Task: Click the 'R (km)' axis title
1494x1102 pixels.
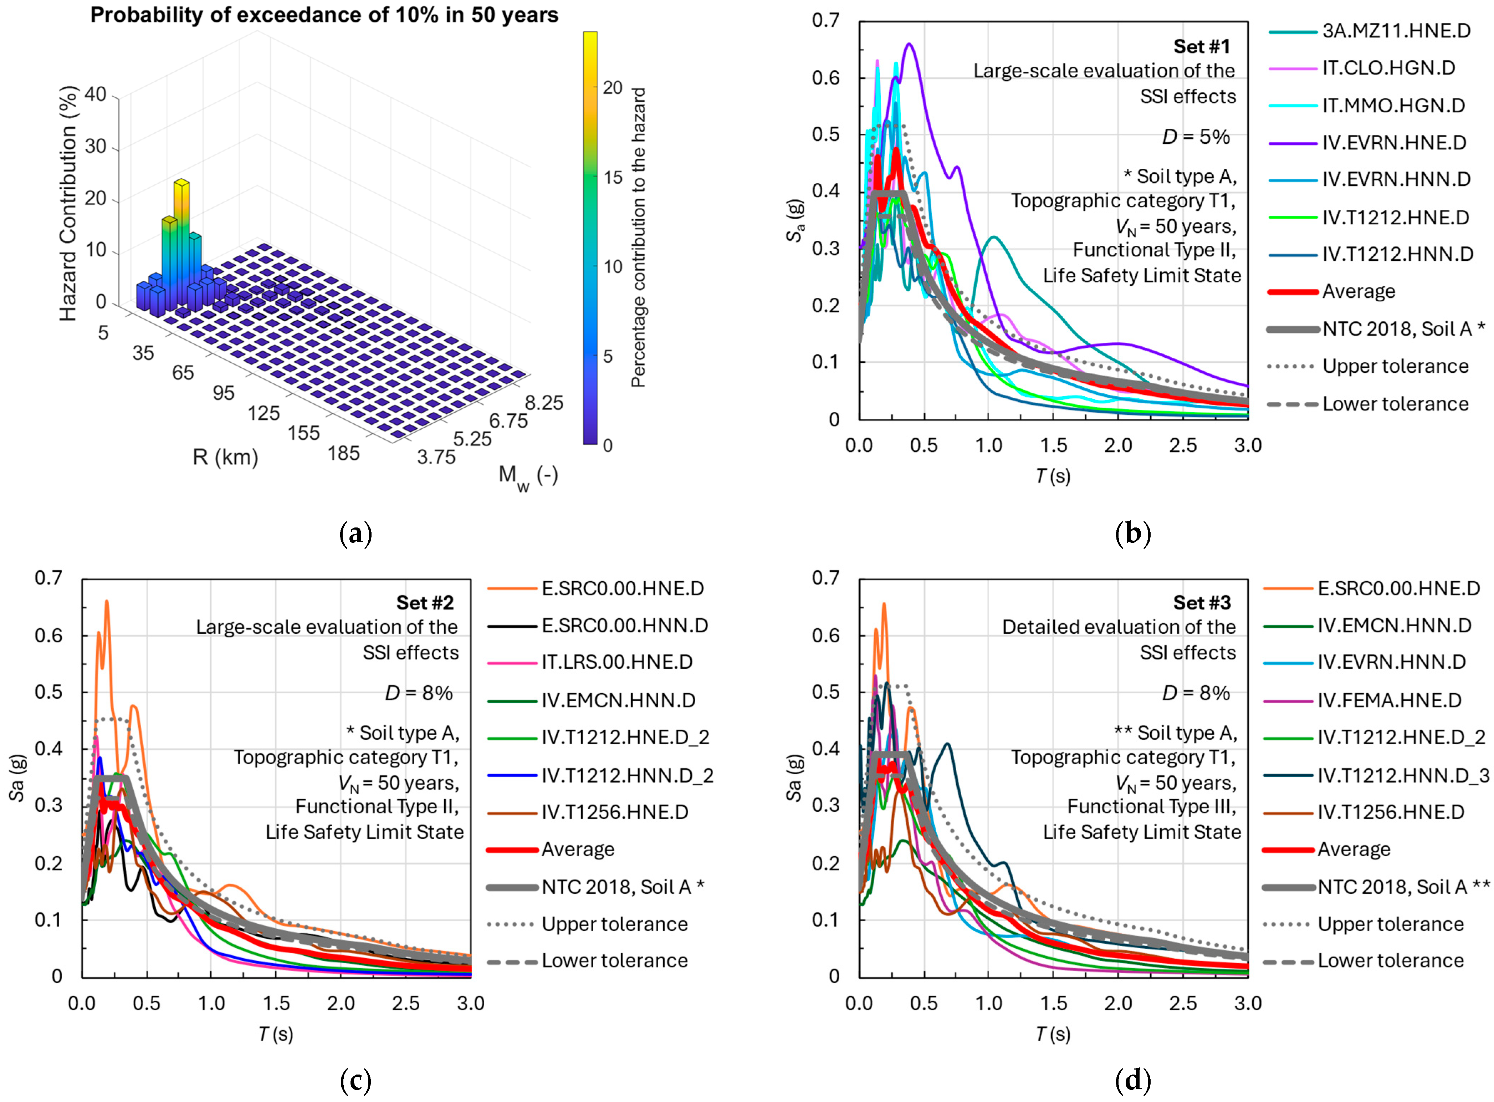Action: click(x=225, y=458)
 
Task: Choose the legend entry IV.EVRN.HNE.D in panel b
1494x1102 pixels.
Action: click(x=1394, y=143)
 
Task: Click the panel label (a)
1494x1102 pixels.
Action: click(x=355, y=534)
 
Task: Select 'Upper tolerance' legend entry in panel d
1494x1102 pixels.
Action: click(x=1391, y=924)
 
